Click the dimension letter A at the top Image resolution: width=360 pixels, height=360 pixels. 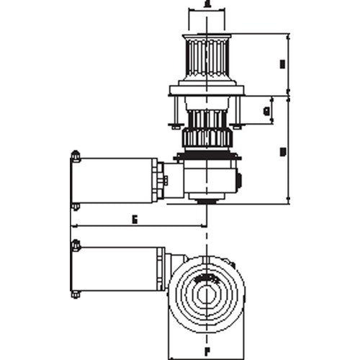207,4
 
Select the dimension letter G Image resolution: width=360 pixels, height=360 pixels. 267,111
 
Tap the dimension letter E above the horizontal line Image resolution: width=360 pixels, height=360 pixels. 135,218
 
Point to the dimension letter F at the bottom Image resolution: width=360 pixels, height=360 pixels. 207,353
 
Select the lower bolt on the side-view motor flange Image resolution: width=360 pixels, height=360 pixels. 74,207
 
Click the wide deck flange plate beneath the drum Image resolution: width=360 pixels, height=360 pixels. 207,91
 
